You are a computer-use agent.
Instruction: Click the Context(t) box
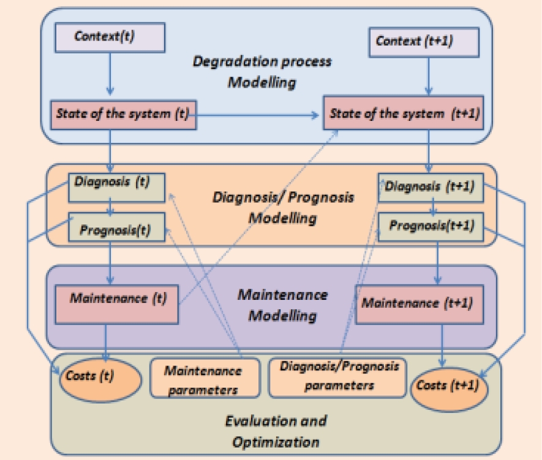110,37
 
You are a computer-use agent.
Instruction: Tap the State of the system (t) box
123,114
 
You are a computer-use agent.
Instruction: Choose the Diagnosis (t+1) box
431,186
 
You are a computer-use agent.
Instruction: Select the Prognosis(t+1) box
431,226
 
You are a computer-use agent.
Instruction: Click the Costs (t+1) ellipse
449,386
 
